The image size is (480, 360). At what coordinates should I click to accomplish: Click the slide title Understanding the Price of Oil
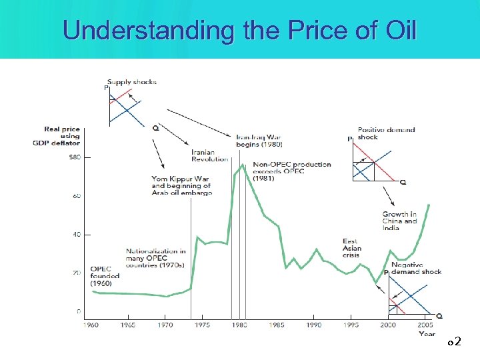(239, 30)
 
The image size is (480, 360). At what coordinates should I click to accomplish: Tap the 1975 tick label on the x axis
(202, 325)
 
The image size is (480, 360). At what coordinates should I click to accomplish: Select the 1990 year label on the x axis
(313, 325)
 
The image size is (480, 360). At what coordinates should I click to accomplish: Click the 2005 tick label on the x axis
(425, 325)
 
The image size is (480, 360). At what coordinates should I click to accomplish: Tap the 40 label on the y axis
(77, 234)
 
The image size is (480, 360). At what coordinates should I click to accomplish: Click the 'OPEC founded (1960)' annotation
(105, 276)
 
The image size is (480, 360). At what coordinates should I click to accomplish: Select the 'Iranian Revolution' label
(209, 155)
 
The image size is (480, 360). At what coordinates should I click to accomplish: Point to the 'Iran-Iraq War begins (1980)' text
(259, 141)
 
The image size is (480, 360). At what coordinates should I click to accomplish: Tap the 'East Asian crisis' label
(351, 248)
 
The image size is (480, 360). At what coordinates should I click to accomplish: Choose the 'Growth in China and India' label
(399, 221)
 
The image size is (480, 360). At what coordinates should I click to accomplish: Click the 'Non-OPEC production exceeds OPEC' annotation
(291, 171)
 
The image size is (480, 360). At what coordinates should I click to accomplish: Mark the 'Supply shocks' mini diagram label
(132, 82)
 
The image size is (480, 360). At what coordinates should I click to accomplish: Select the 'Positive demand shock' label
(386, 133)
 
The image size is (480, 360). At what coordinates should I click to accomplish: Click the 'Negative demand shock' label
(416, 268)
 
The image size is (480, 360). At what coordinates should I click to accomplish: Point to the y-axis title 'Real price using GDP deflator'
(62, 136)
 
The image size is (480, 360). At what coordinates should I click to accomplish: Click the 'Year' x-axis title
(427, 333)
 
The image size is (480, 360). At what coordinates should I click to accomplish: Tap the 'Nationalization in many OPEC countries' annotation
(156, 258)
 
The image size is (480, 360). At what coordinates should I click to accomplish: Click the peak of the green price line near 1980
(243, 165)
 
